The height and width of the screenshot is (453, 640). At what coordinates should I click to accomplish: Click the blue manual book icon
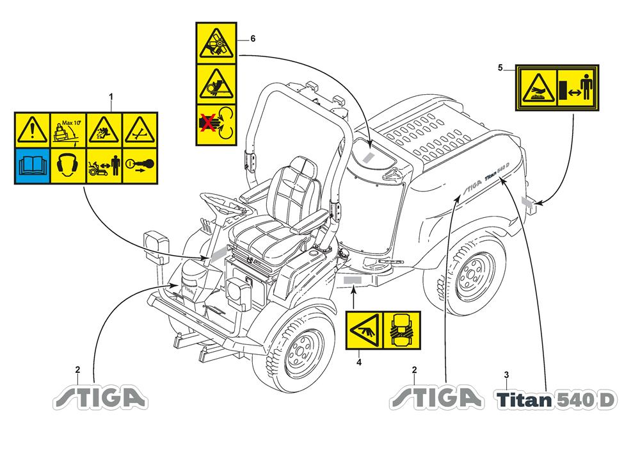[x=32, y=166]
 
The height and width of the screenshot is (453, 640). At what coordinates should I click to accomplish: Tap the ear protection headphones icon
[x=67, y=166]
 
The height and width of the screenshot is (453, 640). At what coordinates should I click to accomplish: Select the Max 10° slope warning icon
[x=67, y=130]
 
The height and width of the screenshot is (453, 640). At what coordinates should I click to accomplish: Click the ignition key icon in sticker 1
[x=140, y=166]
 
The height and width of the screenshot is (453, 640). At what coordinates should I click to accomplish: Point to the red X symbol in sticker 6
[x=206, y=124]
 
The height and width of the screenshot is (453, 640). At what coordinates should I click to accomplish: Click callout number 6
[x=252, y=39]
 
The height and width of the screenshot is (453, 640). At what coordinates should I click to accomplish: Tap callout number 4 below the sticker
[x=359, y=363]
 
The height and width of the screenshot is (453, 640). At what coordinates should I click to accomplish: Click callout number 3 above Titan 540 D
[x=507, y=374]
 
